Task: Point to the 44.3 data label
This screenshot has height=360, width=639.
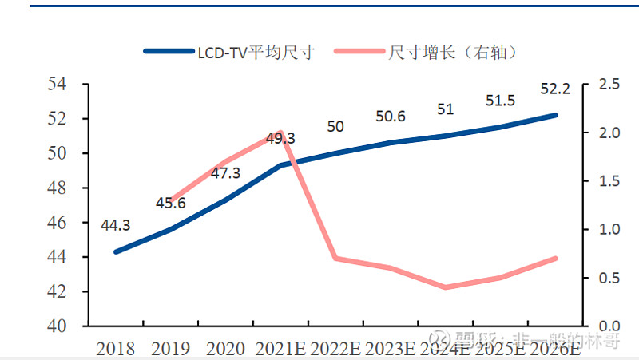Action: pyautogui.click(x=117, y=226)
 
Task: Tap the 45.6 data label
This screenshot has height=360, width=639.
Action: pyautogui.click(x=170, y=204)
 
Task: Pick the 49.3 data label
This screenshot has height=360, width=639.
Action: pyautogui.click(x=280, y=139)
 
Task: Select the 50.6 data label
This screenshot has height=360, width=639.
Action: pyautogui.click(x=391, y=117)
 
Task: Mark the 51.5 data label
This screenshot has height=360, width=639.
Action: pyautogui.click(x=500, y=101)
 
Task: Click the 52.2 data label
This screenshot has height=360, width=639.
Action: pyautogui.click(x=554, y=89)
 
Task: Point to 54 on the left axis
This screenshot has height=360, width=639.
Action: pyautogui.click(x=58, y=84)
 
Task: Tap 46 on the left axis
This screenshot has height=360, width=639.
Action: pyautogui.click(x=58, y=223)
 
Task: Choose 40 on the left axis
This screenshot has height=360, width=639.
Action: pyautogui.click(x=58, y=326)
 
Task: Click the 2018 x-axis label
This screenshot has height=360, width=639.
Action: pyautogui.click(x=117, y=348)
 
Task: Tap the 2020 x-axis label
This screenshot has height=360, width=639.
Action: pyautogui.click(x=225, y=348)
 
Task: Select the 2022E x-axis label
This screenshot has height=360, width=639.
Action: pyautogui.click(x=335, y=348)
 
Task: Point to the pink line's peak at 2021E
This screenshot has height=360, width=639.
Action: pyautogui.click(x=280, y=133)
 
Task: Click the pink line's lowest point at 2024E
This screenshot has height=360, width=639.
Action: pyautogui.click(x=445, y=287)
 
